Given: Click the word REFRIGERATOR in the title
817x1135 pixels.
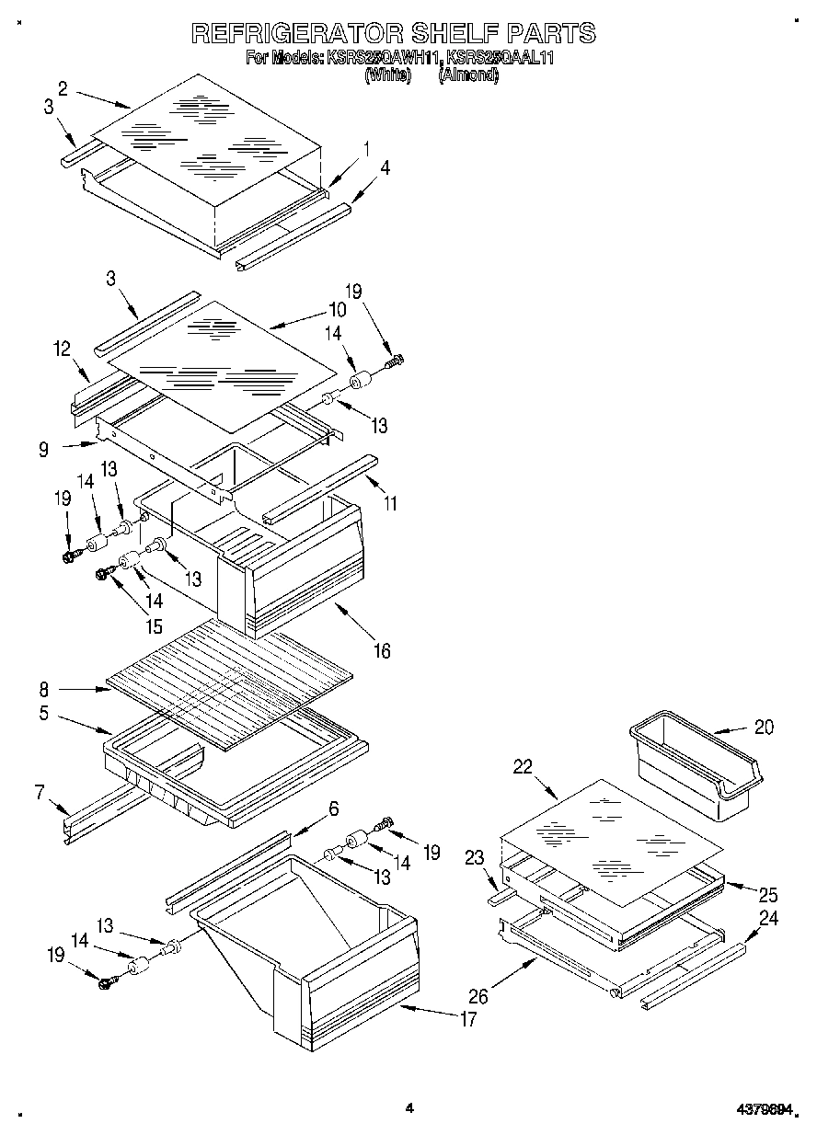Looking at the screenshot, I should [x=294, y=34].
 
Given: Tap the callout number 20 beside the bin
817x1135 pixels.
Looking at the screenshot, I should [x=764, y=727].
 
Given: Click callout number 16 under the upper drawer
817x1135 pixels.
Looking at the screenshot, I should [x=382, y=651].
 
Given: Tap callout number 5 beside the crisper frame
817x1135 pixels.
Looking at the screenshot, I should [x=44, y=713].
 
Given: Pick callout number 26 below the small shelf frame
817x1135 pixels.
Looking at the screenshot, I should [x=478, y=996].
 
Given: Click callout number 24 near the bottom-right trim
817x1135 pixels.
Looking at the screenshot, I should [x=769, y=917].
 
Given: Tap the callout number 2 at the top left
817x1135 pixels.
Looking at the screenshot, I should [x=62, y=88].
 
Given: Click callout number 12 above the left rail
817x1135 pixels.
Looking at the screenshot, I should [x=62, y=349].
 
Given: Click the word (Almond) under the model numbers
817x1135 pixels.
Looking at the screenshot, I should [x=469, y=76].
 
